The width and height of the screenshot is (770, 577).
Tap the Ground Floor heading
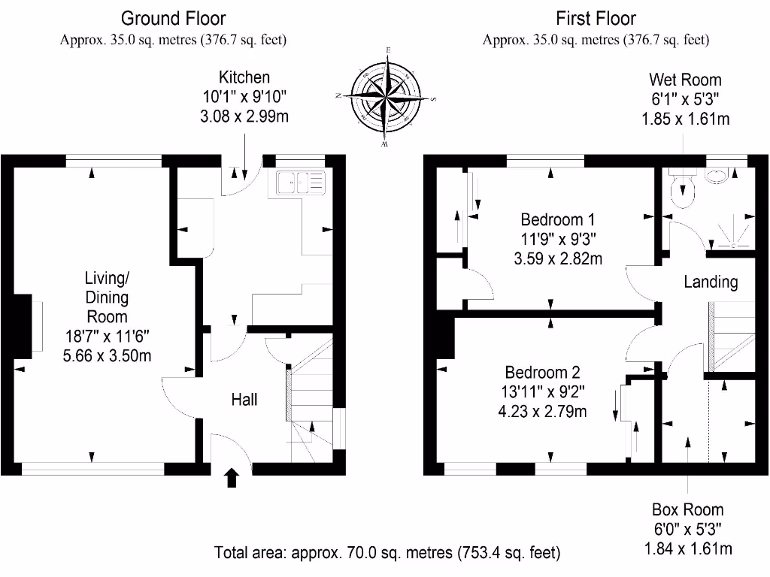click(174, 19)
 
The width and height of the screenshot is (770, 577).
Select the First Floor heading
click(596, 19)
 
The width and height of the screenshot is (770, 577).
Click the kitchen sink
click(301, 183)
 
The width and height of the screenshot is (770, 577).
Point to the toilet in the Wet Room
click(683, 188)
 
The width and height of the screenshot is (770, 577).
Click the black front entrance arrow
click(232, 478)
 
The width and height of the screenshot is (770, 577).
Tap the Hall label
click(244, 400)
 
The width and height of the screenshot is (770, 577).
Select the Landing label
click(711, 282)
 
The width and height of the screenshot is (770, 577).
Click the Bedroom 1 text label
click(558, 219)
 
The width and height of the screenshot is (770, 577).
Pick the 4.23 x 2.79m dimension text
click(543, 411)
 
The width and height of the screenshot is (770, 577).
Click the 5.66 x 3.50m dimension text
click(107, 355)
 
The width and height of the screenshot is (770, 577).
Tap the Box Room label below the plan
click(687, 510)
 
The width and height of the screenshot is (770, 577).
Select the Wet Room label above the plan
click(685, 80)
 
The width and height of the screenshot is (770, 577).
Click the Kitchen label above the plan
click(244, 77)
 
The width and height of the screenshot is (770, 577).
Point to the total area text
click(387, 553)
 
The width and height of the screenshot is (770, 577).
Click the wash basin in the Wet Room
click(717, 177)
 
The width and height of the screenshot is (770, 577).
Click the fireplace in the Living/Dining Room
click(26, 326)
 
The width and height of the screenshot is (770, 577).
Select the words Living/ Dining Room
click(107, 298)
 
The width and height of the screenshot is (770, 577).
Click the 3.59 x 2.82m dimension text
click(558, 258)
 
